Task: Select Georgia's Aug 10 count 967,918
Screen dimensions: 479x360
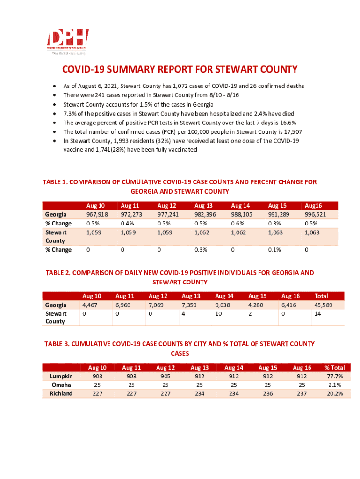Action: coord(98,214)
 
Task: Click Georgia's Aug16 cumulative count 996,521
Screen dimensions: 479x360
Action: coord(316,214)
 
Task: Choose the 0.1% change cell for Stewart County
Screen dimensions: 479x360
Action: coord(274,250)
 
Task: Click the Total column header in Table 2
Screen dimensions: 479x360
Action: coord(321,296)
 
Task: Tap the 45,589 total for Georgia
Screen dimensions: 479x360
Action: coord(323,305)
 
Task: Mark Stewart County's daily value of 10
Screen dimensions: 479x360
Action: coord(218,313)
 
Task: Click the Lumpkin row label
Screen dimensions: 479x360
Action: coord(61,377)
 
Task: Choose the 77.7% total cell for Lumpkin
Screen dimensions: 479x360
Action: coord(334,377)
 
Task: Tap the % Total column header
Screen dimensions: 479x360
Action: coord(334,368)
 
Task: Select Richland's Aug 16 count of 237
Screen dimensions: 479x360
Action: coord(302,393)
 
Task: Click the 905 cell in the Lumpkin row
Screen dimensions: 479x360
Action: coord(165,377)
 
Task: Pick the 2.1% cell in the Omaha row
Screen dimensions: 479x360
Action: coord(335,385)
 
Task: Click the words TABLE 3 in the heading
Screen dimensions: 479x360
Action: coord(58,344)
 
